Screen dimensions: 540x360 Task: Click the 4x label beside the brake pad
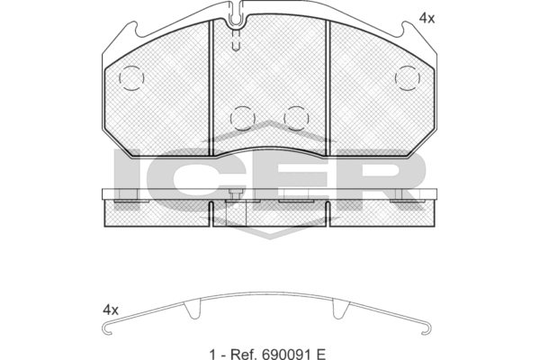coord(427,18)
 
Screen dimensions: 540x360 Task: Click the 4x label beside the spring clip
coord(110,310)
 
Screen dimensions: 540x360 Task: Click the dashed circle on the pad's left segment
coord(131,78)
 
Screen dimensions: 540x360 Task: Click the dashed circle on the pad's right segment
coord(408,78)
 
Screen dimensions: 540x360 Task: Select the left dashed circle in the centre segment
coord(242,119)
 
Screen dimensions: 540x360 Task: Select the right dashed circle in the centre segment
coord(296,119)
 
